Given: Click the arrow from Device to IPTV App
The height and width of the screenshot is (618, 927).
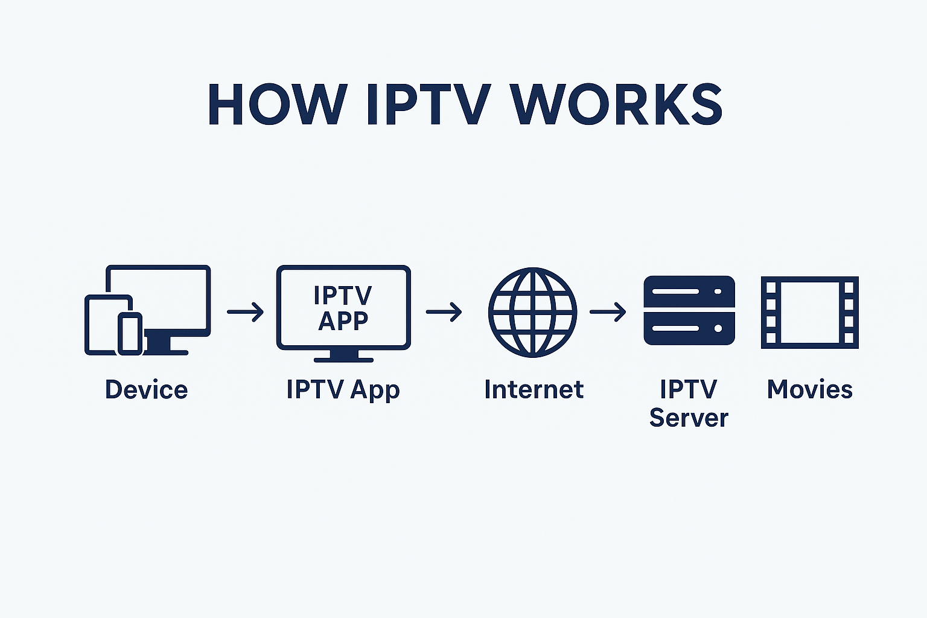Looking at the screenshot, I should [x=246, y=312].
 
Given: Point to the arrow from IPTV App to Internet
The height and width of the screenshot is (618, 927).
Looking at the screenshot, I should [x=444, y=312].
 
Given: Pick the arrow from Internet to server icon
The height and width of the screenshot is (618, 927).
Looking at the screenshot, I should [x=608, y=312].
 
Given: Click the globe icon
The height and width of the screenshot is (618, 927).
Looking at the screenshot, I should [x=532, y=312].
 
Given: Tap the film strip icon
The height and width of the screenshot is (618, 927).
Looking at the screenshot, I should [x=809, y=312].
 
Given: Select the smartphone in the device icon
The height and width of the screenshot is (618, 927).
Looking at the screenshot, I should [x=129, y=333].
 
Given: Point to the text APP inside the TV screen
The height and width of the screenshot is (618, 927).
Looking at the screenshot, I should [x=343, y=321].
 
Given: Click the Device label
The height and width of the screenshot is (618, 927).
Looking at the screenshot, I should [x=146, y=389].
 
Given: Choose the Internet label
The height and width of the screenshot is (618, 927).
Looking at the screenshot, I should [x=534, y=389].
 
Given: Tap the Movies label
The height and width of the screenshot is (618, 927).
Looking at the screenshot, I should [x=809, y=389].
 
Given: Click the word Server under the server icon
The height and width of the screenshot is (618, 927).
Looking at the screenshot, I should [x=689, y=418].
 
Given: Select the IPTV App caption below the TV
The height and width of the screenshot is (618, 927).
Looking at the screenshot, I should [x=343, y=389].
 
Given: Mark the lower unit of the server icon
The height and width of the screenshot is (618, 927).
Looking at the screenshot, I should [x=689, y=329].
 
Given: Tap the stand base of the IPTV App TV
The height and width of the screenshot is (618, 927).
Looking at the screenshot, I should [x=343, y=359].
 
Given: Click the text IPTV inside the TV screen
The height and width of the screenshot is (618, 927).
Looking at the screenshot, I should [x=343, y=296].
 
